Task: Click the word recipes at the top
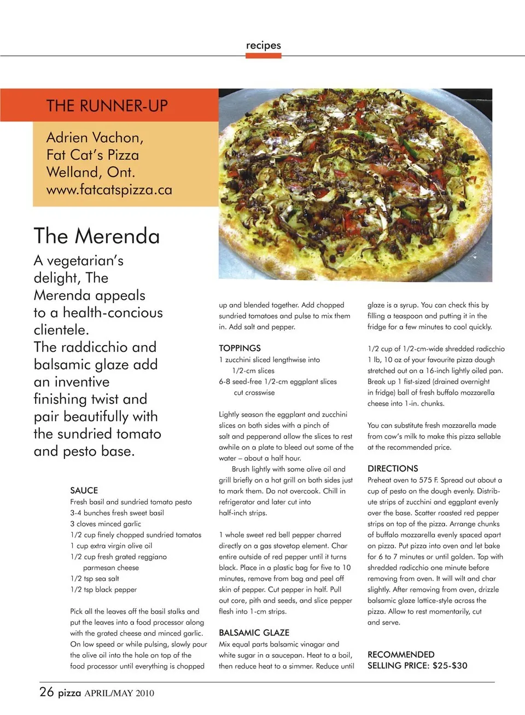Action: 263,45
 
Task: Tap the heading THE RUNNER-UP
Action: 107,106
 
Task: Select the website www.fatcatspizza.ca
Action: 109,190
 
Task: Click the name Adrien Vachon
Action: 95,137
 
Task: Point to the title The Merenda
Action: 97,236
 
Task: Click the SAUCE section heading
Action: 84,490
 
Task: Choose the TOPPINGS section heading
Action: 240,348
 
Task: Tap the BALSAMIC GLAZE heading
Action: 254,632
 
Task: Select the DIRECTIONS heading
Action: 393,468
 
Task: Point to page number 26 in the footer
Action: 46,692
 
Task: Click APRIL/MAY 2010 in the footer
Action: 119,693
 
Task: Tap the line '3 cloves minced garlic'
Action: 106,524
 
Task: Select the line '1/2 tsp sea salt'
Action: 95,578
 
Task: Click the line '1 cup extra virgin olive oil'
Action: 111,545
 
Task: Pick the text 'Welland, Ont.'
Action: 90,172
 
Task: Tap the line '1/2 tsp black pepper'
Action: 103,589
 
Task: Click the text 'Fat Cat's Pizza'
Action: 92,155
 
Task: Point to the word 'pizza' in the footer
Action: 69,693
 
